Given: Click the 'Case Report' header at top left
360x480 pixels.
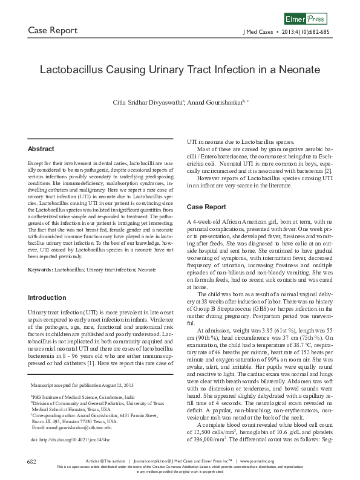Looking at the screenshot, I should pyautogui.click(x=53, y=31).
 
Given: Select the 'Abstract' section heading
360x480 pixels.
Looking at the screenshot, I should pyautogui.click(x=41, y=149).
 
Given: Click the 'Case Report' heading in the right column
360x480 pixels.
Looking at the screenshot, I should pyautogui.click(x=206, y=207).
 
